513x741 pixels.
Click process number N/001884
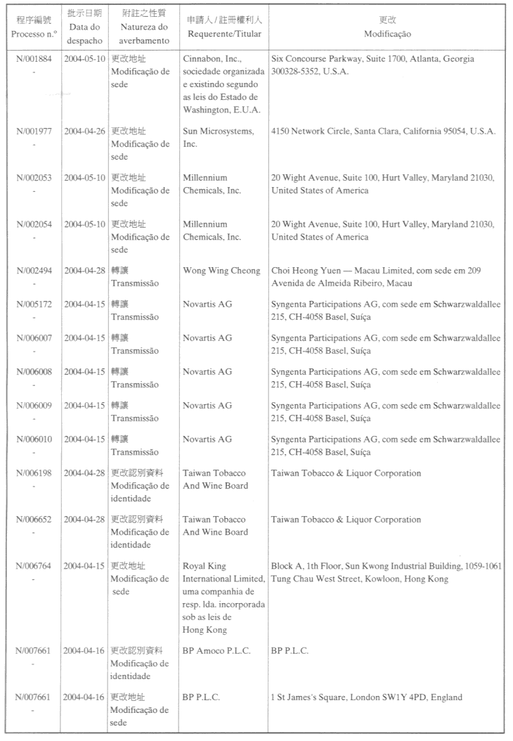[34, 59]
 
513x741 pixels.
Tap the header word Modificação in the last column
[387, 34]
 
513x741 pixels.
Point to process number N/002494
[34, 271]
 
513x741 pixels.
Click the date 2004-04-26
[84, 131]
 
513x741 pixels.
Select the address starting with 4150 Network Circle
[383, 131]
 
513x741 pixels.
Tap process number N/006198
[34, 473]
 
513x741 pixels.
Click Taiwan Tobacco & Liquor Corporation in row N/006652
[346, 520]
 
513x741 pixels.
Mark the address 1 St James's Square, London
[366, 697]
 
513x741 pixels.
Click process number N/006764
[34, 566]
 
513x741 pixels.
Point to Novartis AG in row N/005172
[207, 304]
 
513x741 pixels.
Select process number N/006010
[34, 439]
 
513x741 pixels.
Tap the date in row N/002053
[84, 178]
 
